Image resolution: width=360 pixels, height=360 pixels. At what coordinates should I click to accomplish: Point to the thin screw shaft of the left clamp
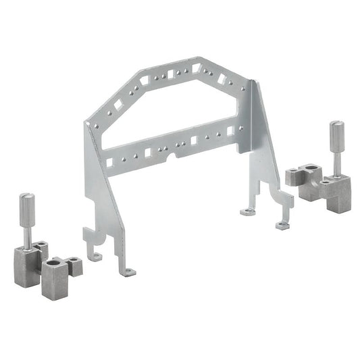[x=27, y=232]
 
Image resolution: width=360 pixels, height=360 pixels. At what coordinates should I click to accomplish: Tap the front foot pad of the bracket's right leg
[x=282, y=226]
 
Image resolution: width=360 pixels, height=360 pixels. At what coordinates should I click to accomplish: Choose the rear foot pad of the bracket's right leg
[x=247, y=211]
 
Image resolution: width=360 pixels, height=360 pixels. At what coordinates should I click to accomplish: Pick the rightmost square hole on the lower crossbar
[x=230, y=130]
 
